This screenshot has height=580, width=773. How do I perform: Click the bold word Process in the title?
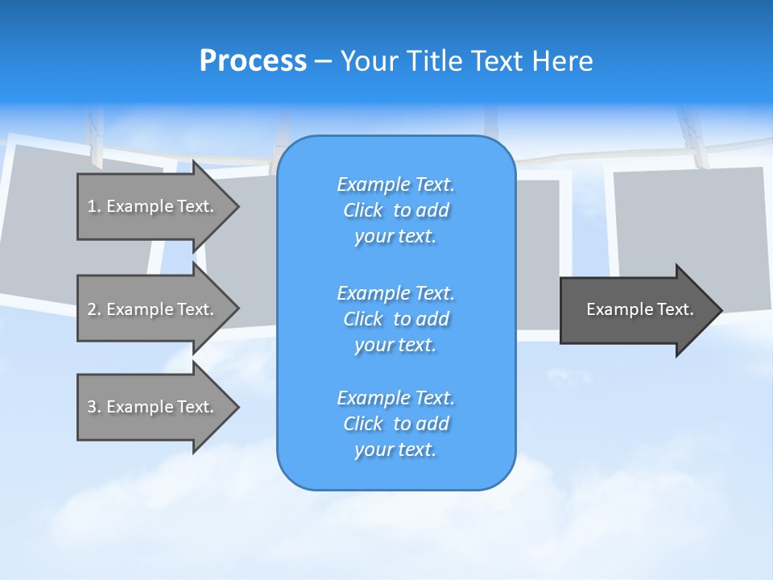[253, 61]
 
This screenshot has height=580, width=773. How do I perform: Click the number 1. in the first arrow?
[94, 206]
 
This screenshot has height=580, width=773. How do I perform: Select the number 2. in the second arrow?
[94, 309]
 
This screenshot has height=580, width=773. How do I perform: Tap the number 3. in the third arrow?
[94, 407]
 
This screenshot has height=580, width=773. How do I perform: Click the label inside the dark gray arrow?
[639, 309]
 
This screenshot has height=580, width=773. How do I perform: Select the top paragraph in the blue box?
[395, 210]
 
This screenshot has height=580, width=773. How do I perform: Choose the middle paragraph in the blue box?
[395, 318]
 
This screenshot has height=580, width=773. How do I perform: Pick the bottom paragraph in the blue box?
[395, 424]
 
